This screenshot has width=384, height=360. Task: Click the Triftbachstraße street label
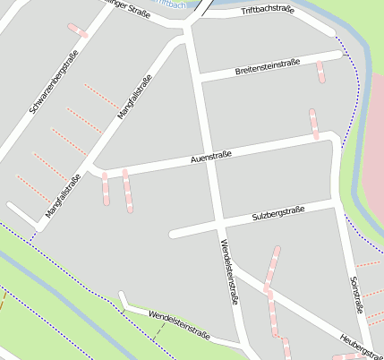[268, 10]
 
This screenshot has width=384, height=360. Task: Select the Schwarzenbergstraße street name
[53, 81]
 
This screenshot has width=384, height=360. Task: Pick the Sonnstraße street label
[355, 295]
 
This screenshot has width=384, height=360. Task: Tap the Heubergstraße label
[362, 344]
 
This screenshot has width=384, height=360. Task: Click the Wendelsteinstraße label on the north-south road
[230, 274]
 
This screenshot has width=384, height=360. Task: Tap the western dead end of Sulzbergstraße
[174, 235]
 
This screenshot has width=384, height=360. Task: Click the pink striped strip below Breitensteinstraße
[320, 72]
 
